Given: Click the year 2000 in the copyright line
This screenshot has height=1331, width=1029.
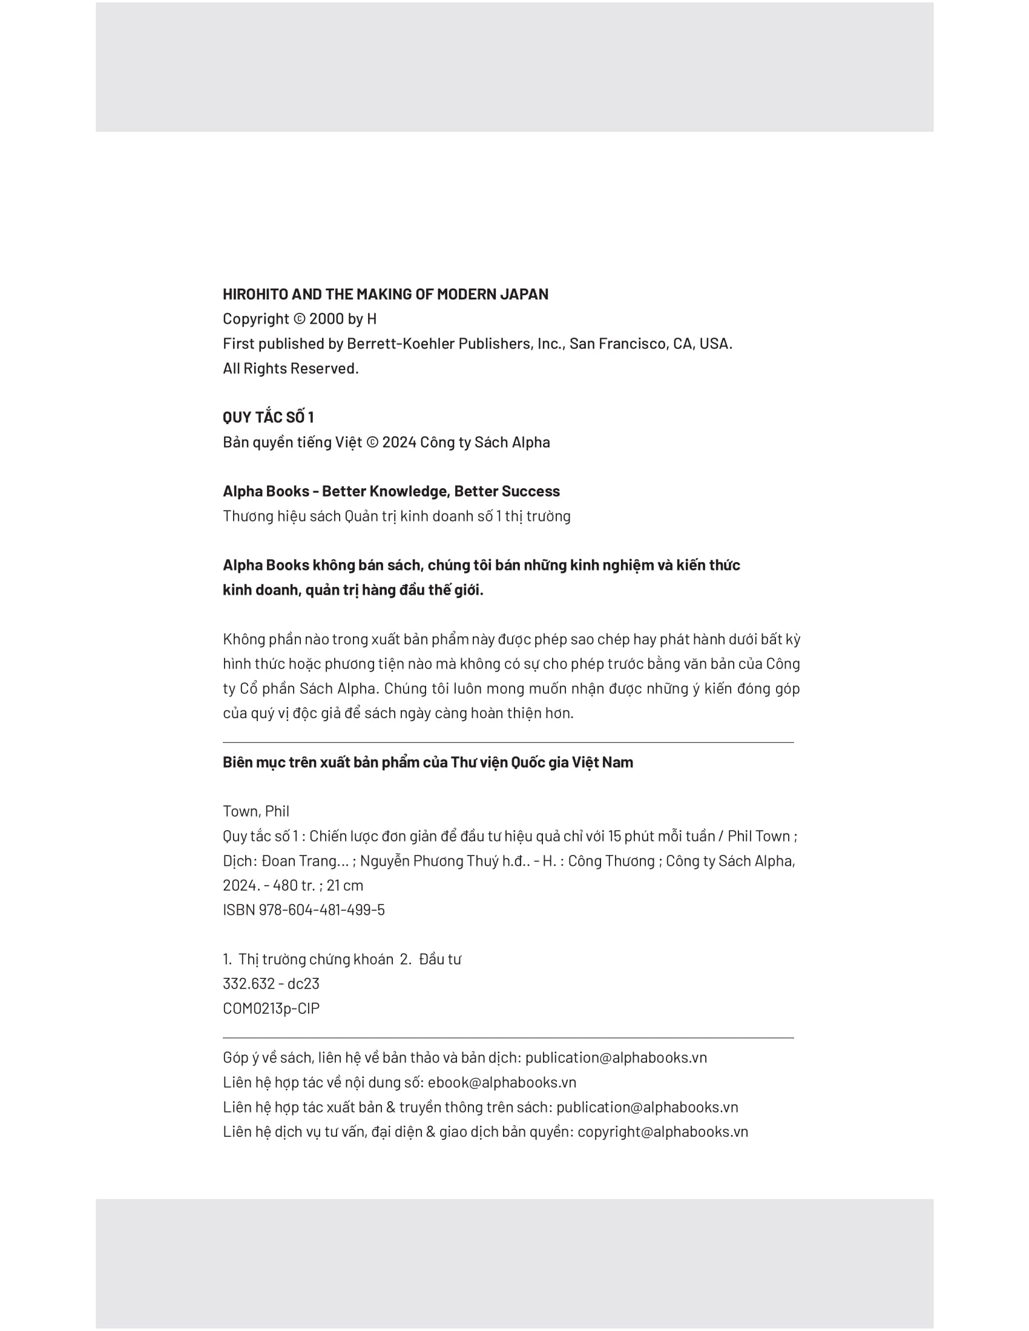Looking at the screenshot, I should [326, 319].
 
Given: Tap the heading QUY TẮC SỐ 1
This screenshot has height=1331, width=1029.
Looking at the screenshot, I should [268, 417].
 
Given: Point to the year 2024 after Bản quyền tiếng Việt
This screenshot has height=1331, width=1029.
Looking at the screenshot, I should [399, 442].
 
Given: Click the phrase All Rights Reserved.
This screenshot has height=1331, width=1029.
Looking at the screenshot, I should [291, 368].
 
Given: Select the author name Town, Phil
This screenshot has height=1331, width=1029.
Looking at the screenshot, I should [256, 811].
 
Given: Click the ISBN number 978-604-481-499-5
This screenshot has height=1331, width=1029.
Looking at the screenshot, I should [321, 910].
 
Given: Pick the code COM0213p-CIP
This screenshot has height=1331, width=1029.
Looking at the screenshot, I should [271, 1009].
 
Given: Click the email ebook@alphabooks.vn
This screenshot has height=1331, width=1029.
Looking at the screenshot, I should [502, 1082].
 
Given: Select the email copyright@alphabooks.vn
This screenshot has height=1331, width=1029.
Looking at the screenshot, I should [663, 1132].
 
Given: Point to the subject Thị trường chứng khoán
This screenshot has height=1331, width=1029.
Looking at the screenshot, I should [316, 960].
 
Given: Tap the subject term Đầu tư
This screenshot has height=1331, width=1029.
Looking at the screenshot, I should [439, 960].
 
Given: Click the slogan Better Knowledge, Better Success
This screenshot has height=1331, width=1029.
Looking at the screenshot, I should [441, 491].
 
